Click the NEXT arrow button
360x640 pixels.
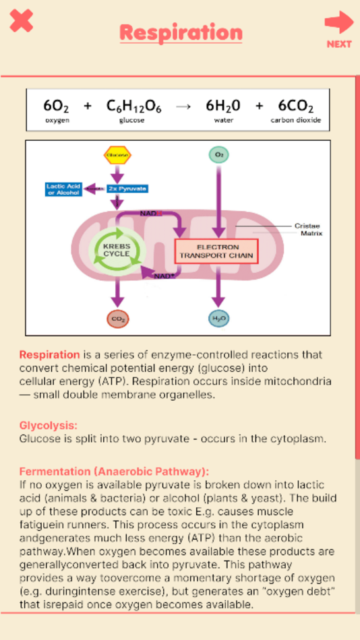[x=339, y=30]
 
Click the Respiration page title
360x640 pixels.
[x=181, y=32]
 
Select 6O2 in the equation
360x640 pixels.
[x=57, y=106]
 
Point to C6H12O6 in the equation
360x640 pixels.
[x=133, y=106]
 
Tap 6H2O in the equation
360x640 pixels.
[x=223, y=106]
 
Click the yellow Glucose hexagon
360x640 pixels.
[x=117, y=155]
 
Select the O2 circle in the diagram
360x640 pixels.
[x=218, y=155]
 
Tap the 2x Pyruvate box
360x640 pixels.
[x=127, y=189]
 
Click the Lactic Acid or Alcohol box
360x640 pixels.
[x=63, y=189]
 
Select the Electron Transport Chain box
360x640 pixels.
[x=216, y=252]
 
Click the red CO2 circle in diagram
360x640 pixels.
[x=118, y=319]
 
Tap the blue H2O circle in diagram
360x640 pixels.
[x=218, y=319]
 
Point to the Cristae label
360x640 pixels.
[x=307, y=226]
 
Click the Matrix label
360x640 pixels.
[x=311, y=234]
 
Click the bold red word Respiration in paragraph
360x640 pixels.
[x=49, y=354]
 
